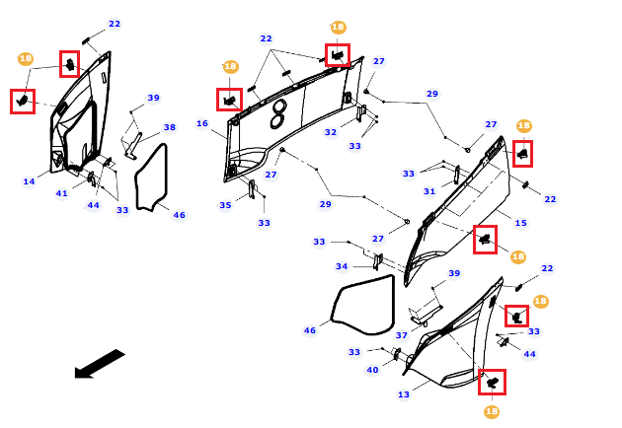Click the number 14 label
point(29,181)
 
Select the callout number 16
point(202,123)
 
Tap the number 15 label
point(521,223)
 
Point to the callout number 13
point(404,394)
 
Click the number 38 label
point(170,127)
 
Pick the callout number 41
point(62,193)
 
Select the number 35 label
point(225,205)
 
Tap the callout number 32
point(331,132)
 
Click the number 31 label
point(429,191)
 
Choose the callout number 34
point(342,266)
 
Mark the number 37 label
point(402,335)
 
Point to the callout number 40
point(372,370)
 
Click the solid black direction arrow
point(100,364)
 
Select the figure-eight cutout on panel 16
point(278,114)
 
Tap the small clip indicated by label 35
point(252,189)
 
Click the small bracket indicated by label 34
point(378,262)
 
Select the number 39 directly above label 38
point(153,98)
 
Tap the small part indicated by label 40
point(397,354)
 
